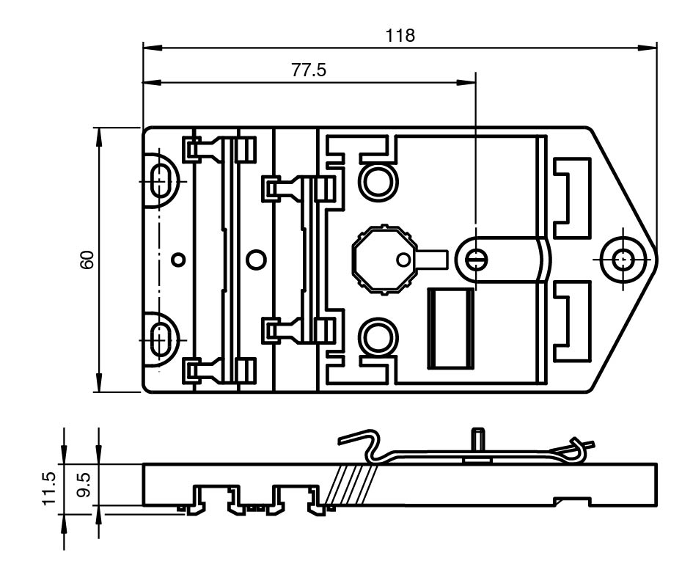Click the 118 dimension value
click(400, 35)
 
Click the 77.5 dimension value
click(309, 70)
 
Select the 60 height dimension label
click(87, 260)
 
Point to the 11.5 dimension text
click(48, 488)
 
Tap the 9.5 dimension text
click(84, 485)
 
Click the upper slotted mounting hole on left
click(161, 181)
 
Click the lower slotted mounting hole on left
click(161, 340)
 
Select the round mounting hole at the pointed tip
click(623, 259)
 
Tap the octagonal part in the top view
click(384, 260)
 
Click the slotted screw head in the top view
click(475, 260)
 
